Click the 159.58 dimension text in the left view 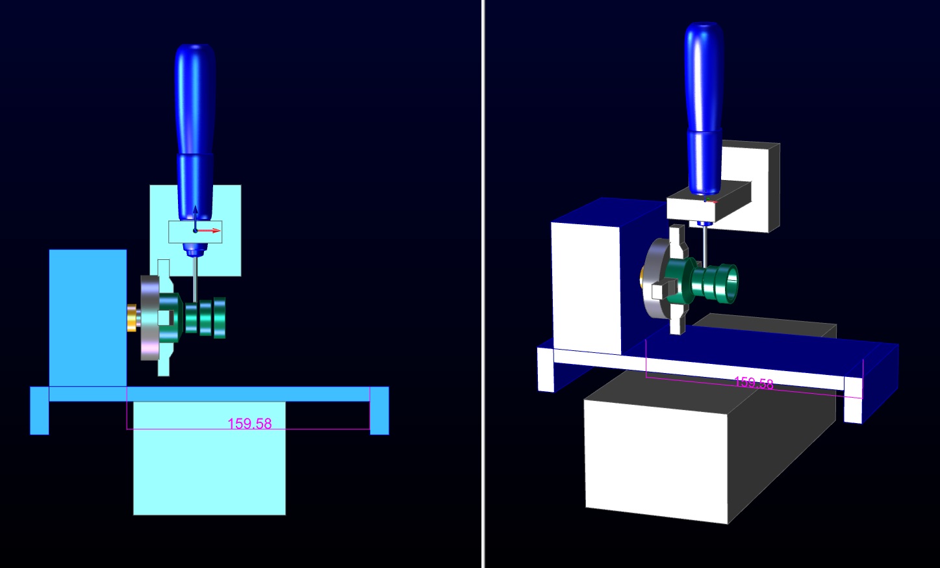[x=249, y=423]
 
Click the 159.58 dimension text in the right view [x=754, y=383]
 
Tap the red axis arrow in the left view [x=209, y=231]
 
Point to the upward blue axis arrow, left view [x=195, y=218]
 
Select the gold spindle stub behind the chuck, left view [x=132, y=318]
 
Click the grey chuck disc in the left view [x=149, y=318]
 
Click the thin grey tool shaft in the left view [x=195, y=279]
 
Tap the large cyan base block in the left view [x=209, y=458]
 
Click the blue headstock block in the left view [x=88, y=318]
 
